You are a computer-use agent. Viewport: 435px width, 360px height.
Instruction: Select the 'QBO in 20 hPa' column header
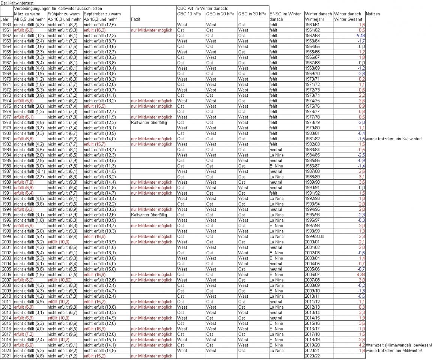coord(221,14)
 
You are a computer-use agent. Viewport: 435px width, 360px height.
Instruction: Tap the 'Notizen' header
coord(372,14)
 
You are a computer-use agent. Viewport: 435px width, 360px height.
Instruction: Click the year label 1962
coord(6,36)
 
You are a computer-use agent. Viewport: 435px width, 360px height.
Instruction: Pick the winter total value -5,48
coord(360,36)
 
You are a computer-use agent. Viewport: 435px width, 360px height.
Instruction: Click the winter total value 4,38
coord(360,274)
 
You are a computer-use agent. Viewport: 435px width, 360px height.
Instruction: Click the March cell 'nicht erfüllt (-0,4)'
coord(29,171)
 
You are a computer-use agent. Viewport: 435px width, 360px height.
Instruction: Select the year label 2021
coord(6,356)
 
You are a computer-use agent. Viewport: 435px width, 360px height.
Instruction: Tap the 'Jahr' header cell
coord(5,19)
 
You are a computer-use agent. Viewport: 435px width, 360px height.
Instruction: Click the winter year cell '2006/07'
coord(313,274)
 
